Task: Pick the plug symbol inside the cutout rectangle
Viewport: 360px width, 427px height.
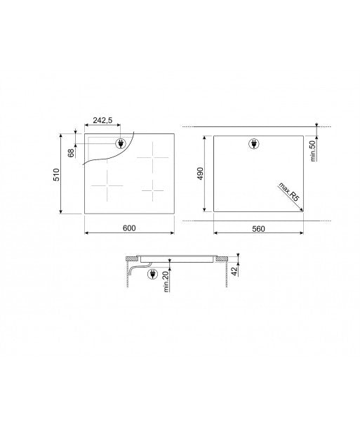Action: [x=254, y=145]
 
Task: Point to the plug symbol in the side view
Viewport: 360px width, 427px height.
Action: [x=152, y=275]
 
